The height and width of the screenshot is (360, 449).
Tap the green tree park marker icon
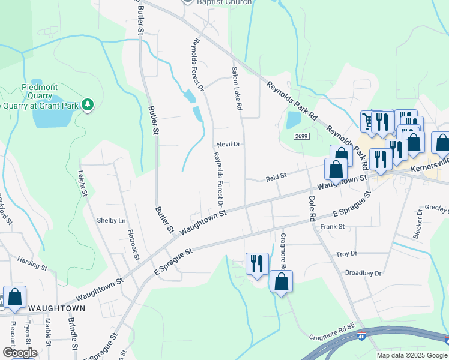coord(88,105)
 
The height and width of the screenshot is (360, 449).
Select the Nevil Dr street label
coord(229,145)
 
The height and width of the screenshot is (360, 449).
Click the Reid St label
coord(277,177)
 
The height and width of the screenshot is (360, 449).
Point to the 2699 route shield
coord(301,137)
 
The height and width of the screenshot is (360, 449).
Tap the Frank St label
coord(332,227)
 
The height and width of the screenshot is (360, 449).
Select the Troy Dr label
coord(346,254)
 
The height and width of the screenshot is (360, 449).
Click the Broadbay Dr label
coord(363,273)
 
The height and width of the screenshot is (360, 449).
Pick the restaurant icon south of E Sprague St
coord(256,263)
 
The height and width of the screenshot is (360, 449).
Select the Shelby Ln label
coord(112,220)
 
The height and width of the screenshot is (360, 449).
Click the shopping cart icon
coord(368,122)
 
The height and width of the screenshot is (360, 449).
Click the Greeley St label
coord(437,209)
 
